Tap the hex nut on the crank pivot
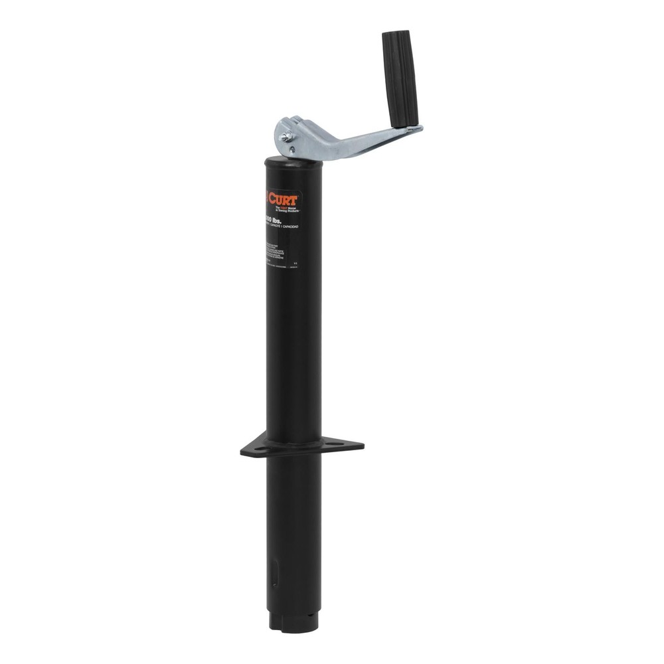284,137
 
